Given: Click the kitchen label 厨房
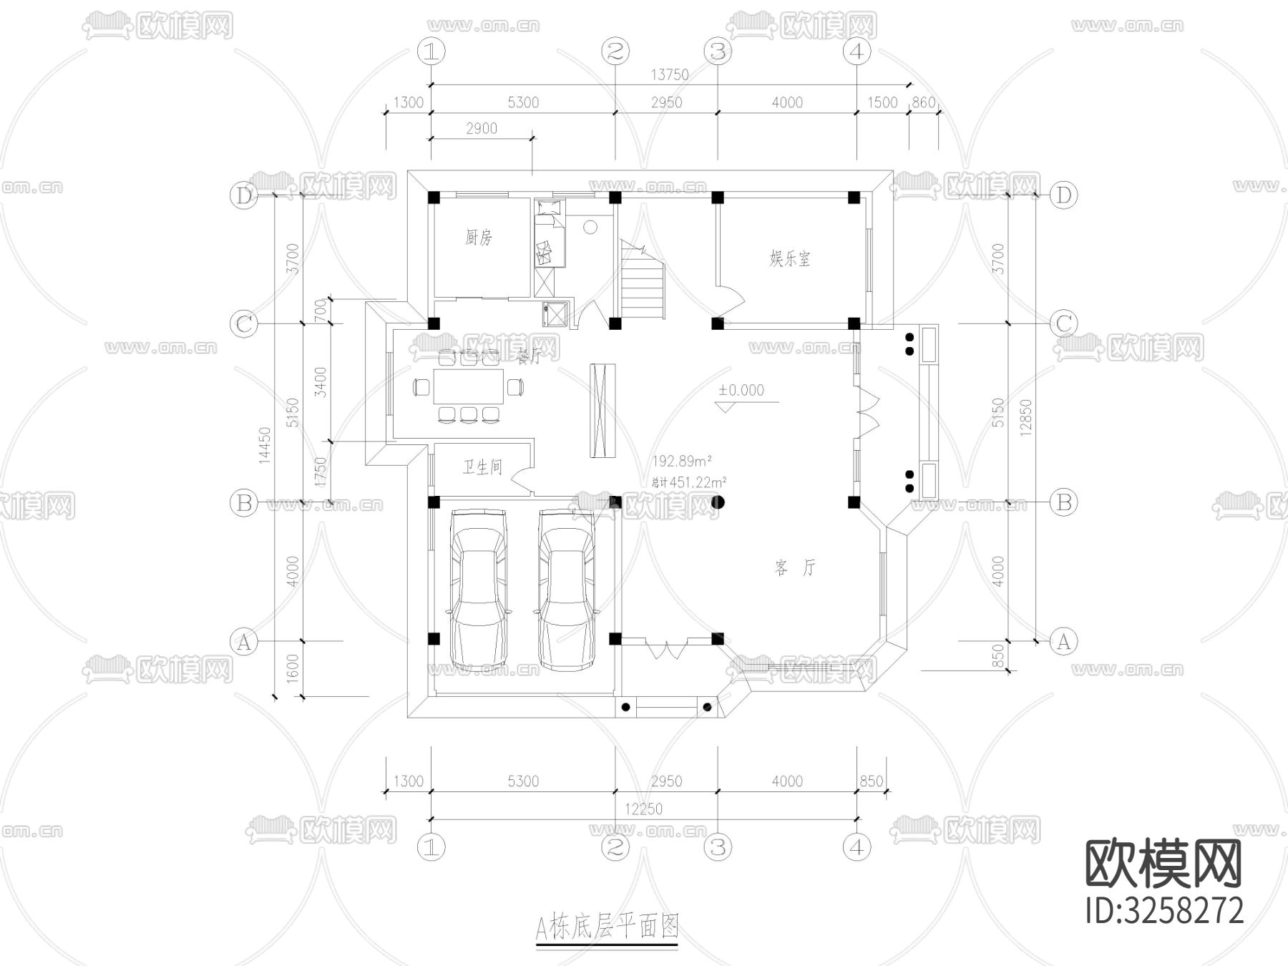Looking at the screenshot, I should click(479, 237).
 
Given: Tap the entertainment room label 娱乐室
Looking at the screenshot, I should click(790, 258).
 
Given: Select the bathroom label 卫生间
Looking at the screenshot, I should click(482, 468).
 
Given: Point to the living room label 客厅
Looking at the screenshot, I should click(795, 568).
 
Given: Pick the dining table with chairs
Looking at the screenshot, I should click(469, 387).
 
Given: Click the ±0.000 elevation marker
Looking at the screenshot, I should click(742, 391).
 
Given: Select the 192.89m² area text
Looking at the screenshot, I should click(681, 461).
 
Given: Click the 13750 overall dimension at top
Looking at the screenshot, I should click(670, 74).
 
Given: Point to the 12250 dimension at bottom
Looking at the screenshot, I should click(643, 809).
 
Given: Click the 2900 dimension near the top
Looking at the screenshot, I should click(481, 129).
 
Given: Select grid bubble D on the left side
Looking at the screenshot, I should click(244, 195).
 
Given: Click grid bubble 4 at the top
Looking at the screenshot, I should click(857, 52).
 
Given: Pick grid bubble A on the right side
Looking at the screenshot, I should click(1063, 641).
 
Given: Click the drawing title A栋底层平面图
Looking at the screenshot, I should click(607, 928).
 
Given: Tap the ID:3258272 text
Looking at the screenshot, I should click(1164, 911).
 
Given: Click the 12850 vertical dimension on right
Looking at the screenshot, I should click(1026, 417).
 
